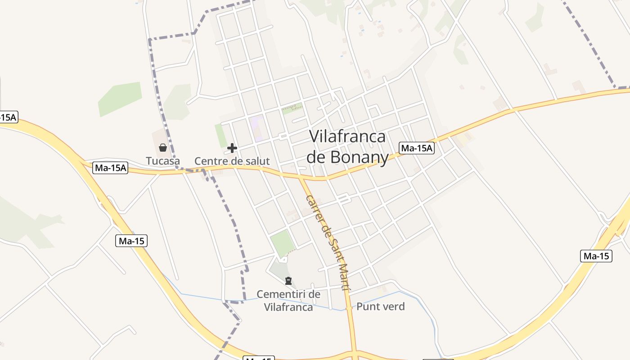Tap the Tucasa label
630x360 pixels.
[162, 161]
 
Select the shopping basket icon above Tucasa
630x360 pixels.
[163, 148]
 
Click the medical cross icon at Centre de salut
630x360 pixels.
[232, 148]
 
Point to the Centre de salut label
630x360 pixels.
[232, 161]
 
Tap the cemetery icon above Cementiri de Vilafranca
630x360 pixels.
[288, 281]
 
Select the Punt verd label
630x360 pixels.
[380, 307]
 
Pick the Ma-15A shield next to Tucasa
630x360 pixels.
[111, 168]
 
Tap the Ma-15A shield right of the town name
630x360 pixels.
[417, 148]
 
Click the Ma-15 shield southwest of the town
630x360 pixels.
[131, 241]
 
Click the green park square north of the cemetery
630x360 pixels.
[283, 243]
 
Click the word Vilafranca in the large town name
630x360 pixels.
[348, 136]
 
